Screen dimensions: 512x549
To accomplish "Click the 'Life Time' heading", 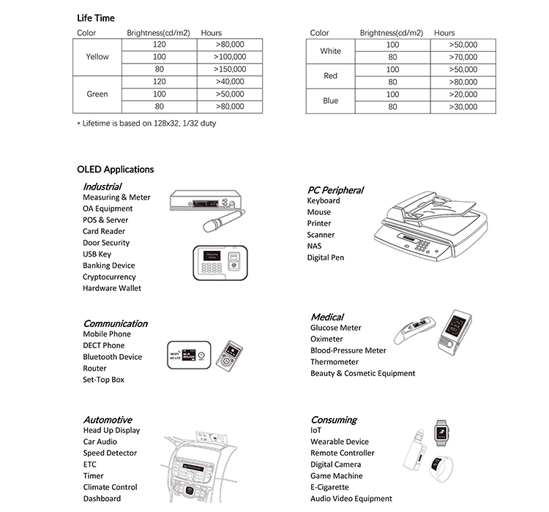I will pos(96,18).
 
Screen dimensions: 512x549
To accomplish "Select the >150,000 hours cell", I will pos(230,69).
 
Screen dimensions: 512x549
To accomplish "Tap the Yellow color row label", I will pos(97,57).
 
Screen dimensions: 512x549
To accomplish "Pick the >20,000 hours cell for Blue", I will pos(463,94).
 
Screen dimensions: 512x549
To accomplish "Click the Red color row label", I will pos(330,76).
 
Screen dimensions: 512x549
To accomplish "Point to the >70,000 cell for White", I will pos(463,57).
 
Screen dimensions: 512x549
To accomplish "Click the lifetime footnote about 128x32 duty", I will pos(146,124).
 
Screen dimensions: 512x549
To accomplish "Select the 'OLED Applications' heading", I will pos(116,170).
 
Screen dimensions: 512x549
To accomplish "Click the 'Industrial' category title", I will pos(102,187).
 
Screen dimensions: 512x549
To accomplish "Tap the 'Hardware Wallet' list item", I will pos(112,288).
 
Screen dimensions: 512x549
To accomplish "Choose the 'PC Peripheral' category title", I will pos(335,190).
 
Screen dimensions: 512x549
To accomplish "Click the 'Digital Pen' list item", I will pos(325,257).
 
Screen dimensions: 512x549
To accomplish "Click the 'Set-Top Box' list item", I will pos(103,380).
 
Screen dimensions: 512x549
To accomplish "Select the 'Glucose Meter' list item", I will pos(335,328).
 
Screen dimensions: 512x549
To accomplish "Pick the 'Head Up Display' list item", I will pos(111,430).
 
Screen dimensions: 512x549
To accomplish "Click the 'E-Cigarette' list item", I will pos(329,487).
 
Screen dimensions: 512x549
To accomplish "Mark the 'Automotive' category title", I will pos(107,420).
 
